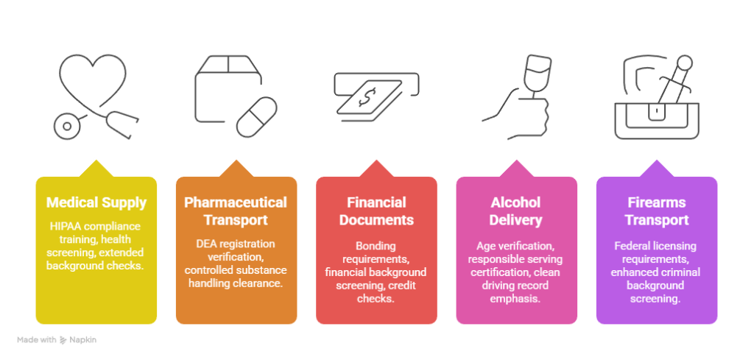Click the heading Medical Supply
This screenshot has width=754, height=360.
(96, 202)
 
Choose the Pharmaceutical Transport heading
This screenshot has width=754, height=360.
(236, 211)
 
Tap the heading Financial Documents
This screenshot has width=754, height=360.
(376, 211)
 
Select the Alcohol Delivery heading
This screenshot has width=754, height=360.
(515, 211)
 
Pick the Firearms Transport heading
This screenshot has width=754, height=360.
(656, 211)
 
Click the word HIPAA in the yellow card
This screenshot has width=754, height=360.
(66, 226)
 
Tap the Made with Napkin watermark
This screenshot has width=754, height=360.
(57, 340)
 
